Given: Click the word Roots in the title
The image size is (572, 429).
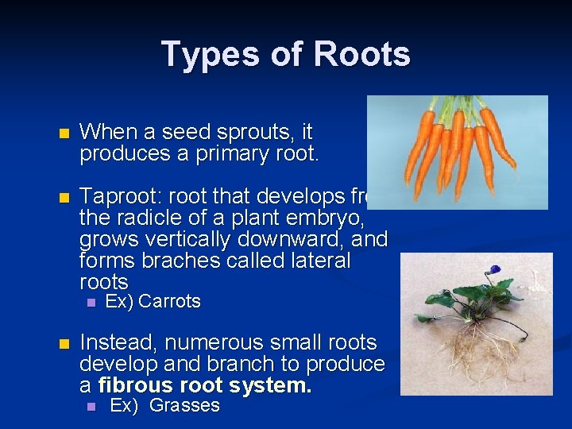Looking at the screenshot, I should pyautogui.click(x=361, y=54).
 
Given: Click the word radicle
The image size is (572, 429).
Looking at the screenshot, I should pyautogui.click(x=140, y=218).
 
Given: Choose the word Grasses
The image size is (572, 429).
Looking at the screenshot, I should pyautogui.click(x=184, y=406).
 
